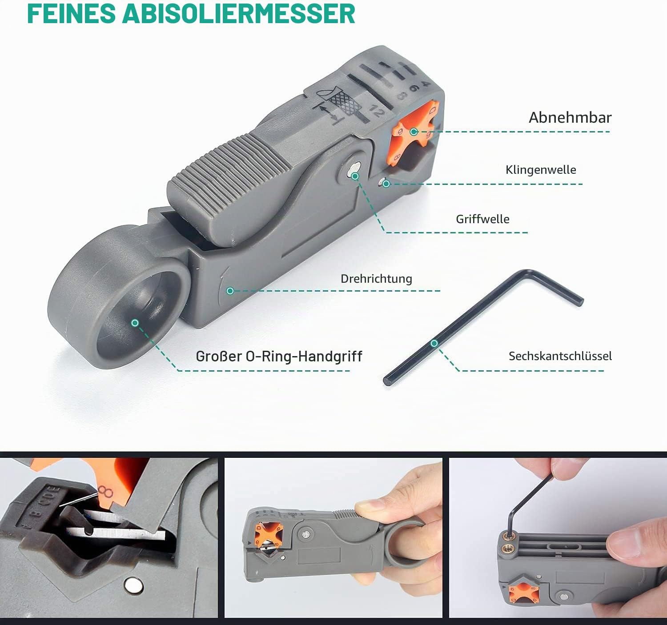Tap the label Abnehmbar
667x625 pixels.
pos(570,117)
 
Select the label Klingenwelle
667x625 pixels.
pos(541,170)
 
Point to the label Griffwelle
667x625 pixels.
pos(482,219)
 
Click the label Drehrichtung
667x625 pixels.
pos(376,279)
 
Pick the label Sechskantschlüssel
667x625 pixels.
pos(560,356)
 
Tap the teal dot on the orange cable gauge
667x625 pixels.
pos(414,132)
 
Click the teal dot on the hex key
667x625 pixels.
pos(434,343)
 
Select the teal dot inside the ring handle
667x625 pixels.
pos(135,323)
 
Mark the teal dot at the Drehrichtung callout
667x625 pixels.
pos(230,291)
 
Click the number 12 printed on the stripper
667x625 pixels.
pos(376,110)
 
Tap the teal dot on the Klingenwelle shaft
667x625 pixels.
pos(386,184)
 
